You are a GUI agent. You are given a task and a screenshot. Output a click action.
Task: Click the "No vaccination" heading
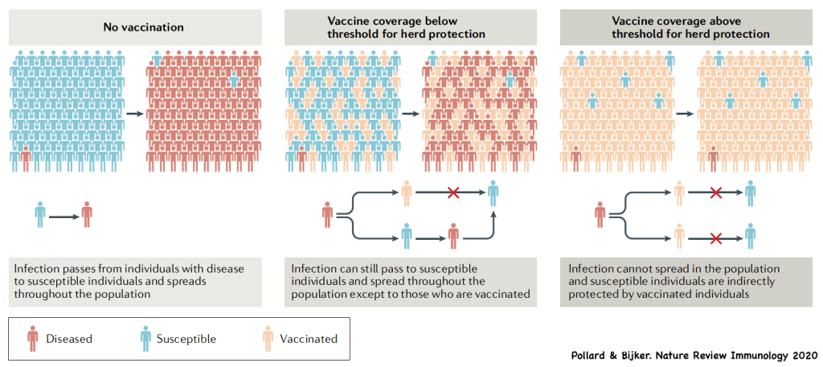pyautogui.click(x=143, y=27)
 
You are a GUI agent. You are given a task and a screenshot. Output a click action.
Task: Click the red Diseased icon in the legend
pyautogui.click(x=32, y=339)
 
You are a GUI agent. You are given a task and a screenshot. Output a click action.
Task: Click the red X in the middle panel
pyautogui.click(x=452, y=192)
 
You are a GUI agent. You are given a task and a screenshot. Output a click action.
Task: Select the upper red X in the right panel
pyautogui.click(x=714, y=192)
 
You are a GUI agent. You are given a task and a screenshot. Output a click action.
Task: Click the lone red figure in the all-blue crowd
pyautogui.click(x=26, y=157)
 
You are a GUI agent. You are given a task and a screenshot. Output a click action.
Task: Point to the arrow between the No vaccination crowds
pyautogui.click(x=134, y=113)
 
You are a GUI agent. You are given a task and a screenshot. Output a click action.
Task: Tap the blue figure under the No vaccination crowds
pyautogui.click(x=40, y=215)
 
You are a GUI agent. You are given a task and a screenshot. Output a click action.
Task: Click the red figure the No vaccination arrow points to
pyautogui.click(x=87, y=215)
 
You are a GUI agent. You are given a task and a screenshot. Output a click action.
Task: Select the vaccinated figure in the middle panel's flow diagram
pyautogui.click(x=407, y=193)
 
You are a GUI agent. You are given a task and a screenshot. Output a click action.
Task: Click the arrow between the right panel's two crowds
pyautogui.click(x=685, y=113)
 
